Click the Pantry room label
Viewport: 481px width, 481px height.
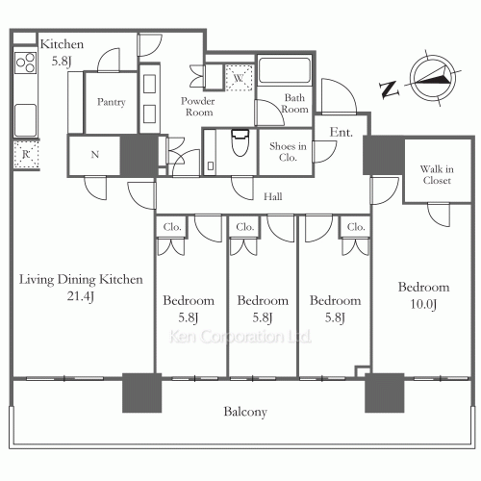pyautogui.click(x=111, y=102)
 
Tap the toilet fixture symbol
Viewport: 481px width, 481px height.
pyautogui.click(x=240, y=142)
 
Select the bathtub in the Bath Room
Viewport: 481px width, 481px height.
pyautogui.click(x=285, y=70)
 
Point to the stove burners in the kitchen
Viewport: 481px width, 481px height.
pyautogui.click(x=26, y=63)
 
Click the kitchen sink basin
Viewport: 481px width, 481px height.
pyautogui.click(x=25, y=120)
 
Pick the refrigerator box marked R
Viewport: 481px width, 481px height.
pyautogui.click(x=26, y=154)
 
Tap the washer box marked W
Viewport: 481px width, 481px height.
pyautogui.click(x=239, y=78)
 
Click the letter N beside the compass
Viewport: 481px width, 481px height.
pyautogui.click(x=389, y=89)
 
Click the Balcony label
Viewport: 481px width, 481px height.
pyautogui.click(x=245, y=412)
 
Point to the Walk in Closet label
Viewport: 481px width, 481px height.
pyautogui.click(x=437, y=175)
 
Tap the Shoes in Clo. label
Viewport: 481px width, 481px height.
pyautogui.click(x=288, y=152)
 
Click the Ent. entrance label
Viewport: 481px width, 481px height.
pyautogui.click(x=341, y=132)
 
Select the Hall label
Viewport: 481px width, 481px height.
pyautogui.click(x=273, y=196)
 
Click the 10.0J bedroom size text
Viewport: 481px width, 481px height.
pyautogui.click(x=423, y=304)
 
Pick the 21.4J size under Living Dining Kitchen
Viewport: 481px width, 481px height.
pyautogui.click(x=81, y=296)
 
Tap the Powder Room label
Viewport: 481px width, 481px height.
pyautogui.click(x=198, y=107)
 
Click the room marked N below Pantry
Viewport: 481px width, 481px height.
pyautogui.click(x=94, y=155)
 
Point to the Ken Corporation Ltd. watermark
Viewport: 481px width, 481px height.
pyautogui.click(x=240, y=337)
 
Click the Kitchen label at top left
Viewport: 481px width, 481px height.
pyautogui.click(x=62, y=44)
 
